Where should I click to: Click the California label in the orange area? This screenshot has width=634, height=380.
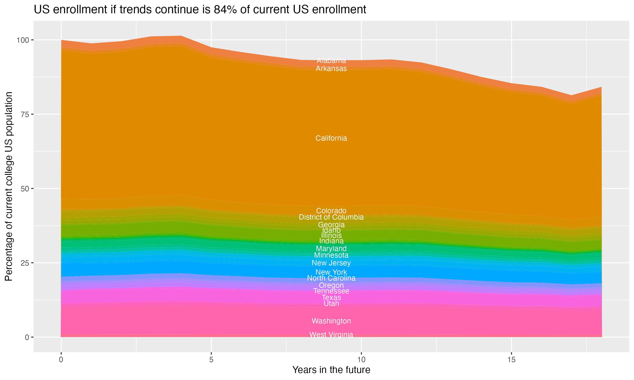(331, 138)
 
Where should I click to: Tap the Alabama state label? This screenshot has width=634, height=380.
(331, 61)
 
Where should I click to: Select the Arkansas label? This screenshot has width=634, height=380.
(331, 69)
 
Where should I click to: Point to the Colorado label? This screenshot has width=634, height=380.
(331, 211)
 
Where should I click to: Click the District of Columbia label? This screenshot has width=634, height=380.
(331, 217)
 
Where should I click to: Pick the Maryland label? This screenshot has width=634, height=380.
(331, 248)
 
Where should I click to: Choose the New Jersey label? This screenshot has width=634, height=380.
(331, 263)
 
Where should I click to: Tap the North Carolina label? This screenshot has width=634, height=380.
(331, 278)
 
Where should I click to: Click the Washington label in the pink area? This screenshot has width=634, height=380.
(331, 321)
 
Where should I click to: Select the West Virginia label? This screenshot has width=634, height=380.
(331, 335)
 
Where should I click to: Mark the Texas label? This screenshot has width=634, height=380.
(331, 297)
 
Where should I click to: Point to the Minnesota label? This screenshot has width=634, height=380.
(331, 255)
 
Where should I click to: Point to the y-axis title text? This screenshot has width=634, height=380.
(9, 186)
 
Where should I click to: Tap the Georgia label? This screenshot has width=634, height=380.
(331, 225)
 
